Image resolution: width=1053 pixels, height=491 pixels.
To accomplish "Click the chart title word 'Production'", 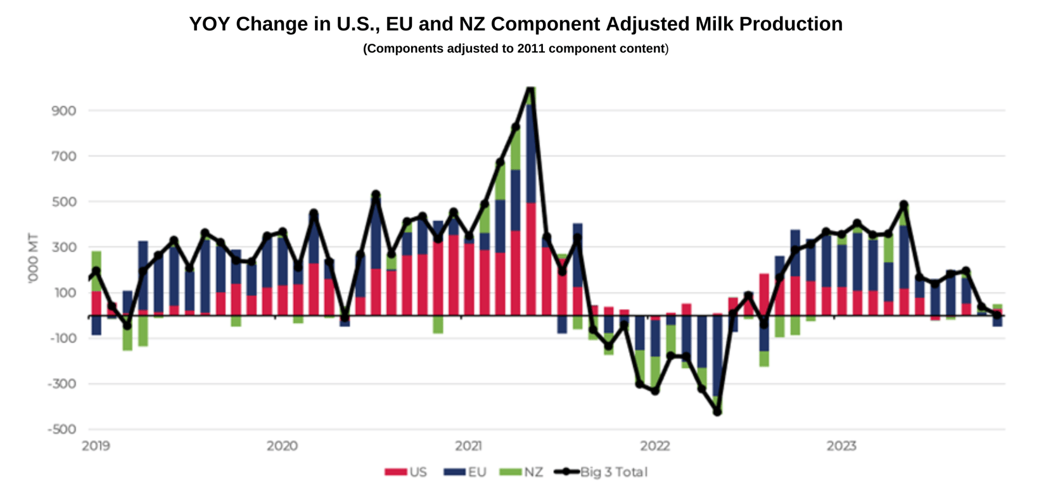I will (791, 24).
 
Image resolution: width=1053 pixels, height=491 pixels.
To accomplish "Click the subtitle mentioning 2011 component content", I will (515, 49).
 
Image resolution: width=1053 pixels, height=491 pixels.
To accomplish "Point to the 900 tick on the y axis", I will (63, 111).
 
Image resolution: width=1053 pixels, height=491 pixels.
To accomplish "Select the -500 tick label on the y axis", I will (61, 429).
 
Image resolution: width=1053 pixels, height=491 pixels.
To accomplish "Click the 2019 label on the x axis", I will (96, 446).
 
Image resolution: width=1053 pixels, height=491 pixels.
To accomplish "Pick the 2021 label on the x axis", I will (468, 446).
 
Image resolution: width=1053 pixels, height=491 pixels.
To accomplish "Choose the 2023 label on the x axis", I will (841, 446).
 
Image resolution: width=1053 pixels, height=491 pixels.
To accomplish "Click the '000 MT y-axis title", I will (33, 258).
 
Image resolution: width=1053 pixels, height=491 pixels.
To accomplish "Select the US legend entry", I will (406, 472).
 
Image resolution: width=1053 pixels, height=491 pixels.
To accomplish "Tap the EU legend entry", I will (466, 472).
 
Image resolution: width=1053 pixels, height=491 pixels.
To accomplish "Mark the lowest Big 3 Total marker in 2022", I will (717, 412).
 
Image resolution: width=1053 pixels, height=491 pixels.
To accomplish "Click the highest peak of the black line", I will (531, 87).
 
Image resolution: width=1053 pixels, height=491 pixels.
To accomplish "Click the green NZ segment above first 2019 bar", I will (96, 271).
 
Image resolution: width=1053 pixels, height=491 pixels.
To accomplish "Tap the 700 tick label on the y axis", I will (63, 156).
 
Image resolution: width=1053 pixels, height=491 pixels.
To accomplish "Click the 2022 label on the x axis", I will (655, 446).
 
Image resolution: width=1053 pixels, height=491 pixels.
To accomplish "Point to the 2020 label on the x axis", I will (282, 446).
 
